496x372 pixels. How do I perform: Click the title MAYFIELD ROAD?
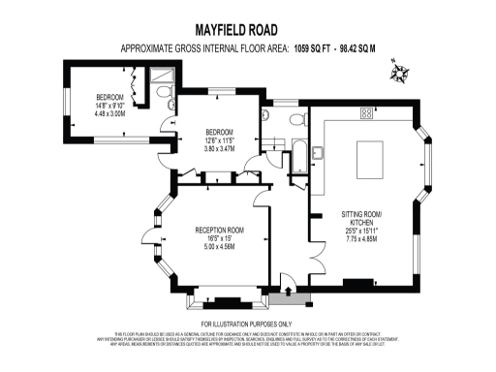[247, 29]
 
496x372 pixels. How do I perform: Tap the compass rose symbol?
[398, 75]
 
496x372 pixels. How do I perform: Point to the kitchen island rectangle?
[374, 156]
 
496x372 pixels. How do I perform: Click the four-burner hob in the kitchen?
[367, 114]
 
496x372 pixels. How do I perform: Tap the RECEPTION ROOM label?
[218, 231]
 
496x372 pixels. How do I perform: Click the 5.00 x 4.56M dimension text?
[218, 246]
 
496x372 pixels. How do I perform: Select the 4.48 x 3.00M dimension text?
[110, 113]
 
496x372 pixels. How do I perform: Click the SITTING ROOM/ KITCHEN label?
[362, 218]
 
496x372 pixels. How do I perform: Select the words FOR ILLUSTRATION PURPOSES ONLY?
[246, 323]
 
